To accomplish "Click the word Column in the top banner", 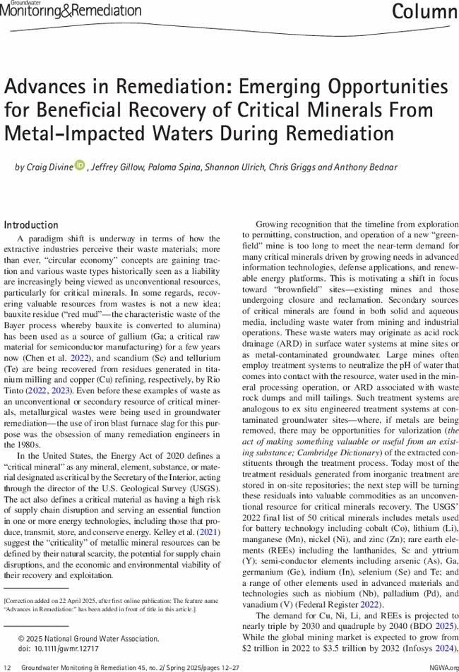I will tap(424, 12).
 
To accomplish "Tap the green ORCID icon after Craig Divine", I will tap(78, 167).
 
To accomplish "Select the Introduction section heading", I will tap(31, 225).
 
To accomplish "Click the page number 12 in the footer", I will tap(7, 667).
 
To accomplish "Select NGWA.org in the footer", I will tap(443, 667).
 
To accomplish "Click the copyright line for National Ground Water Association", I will tap(88, 638).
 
